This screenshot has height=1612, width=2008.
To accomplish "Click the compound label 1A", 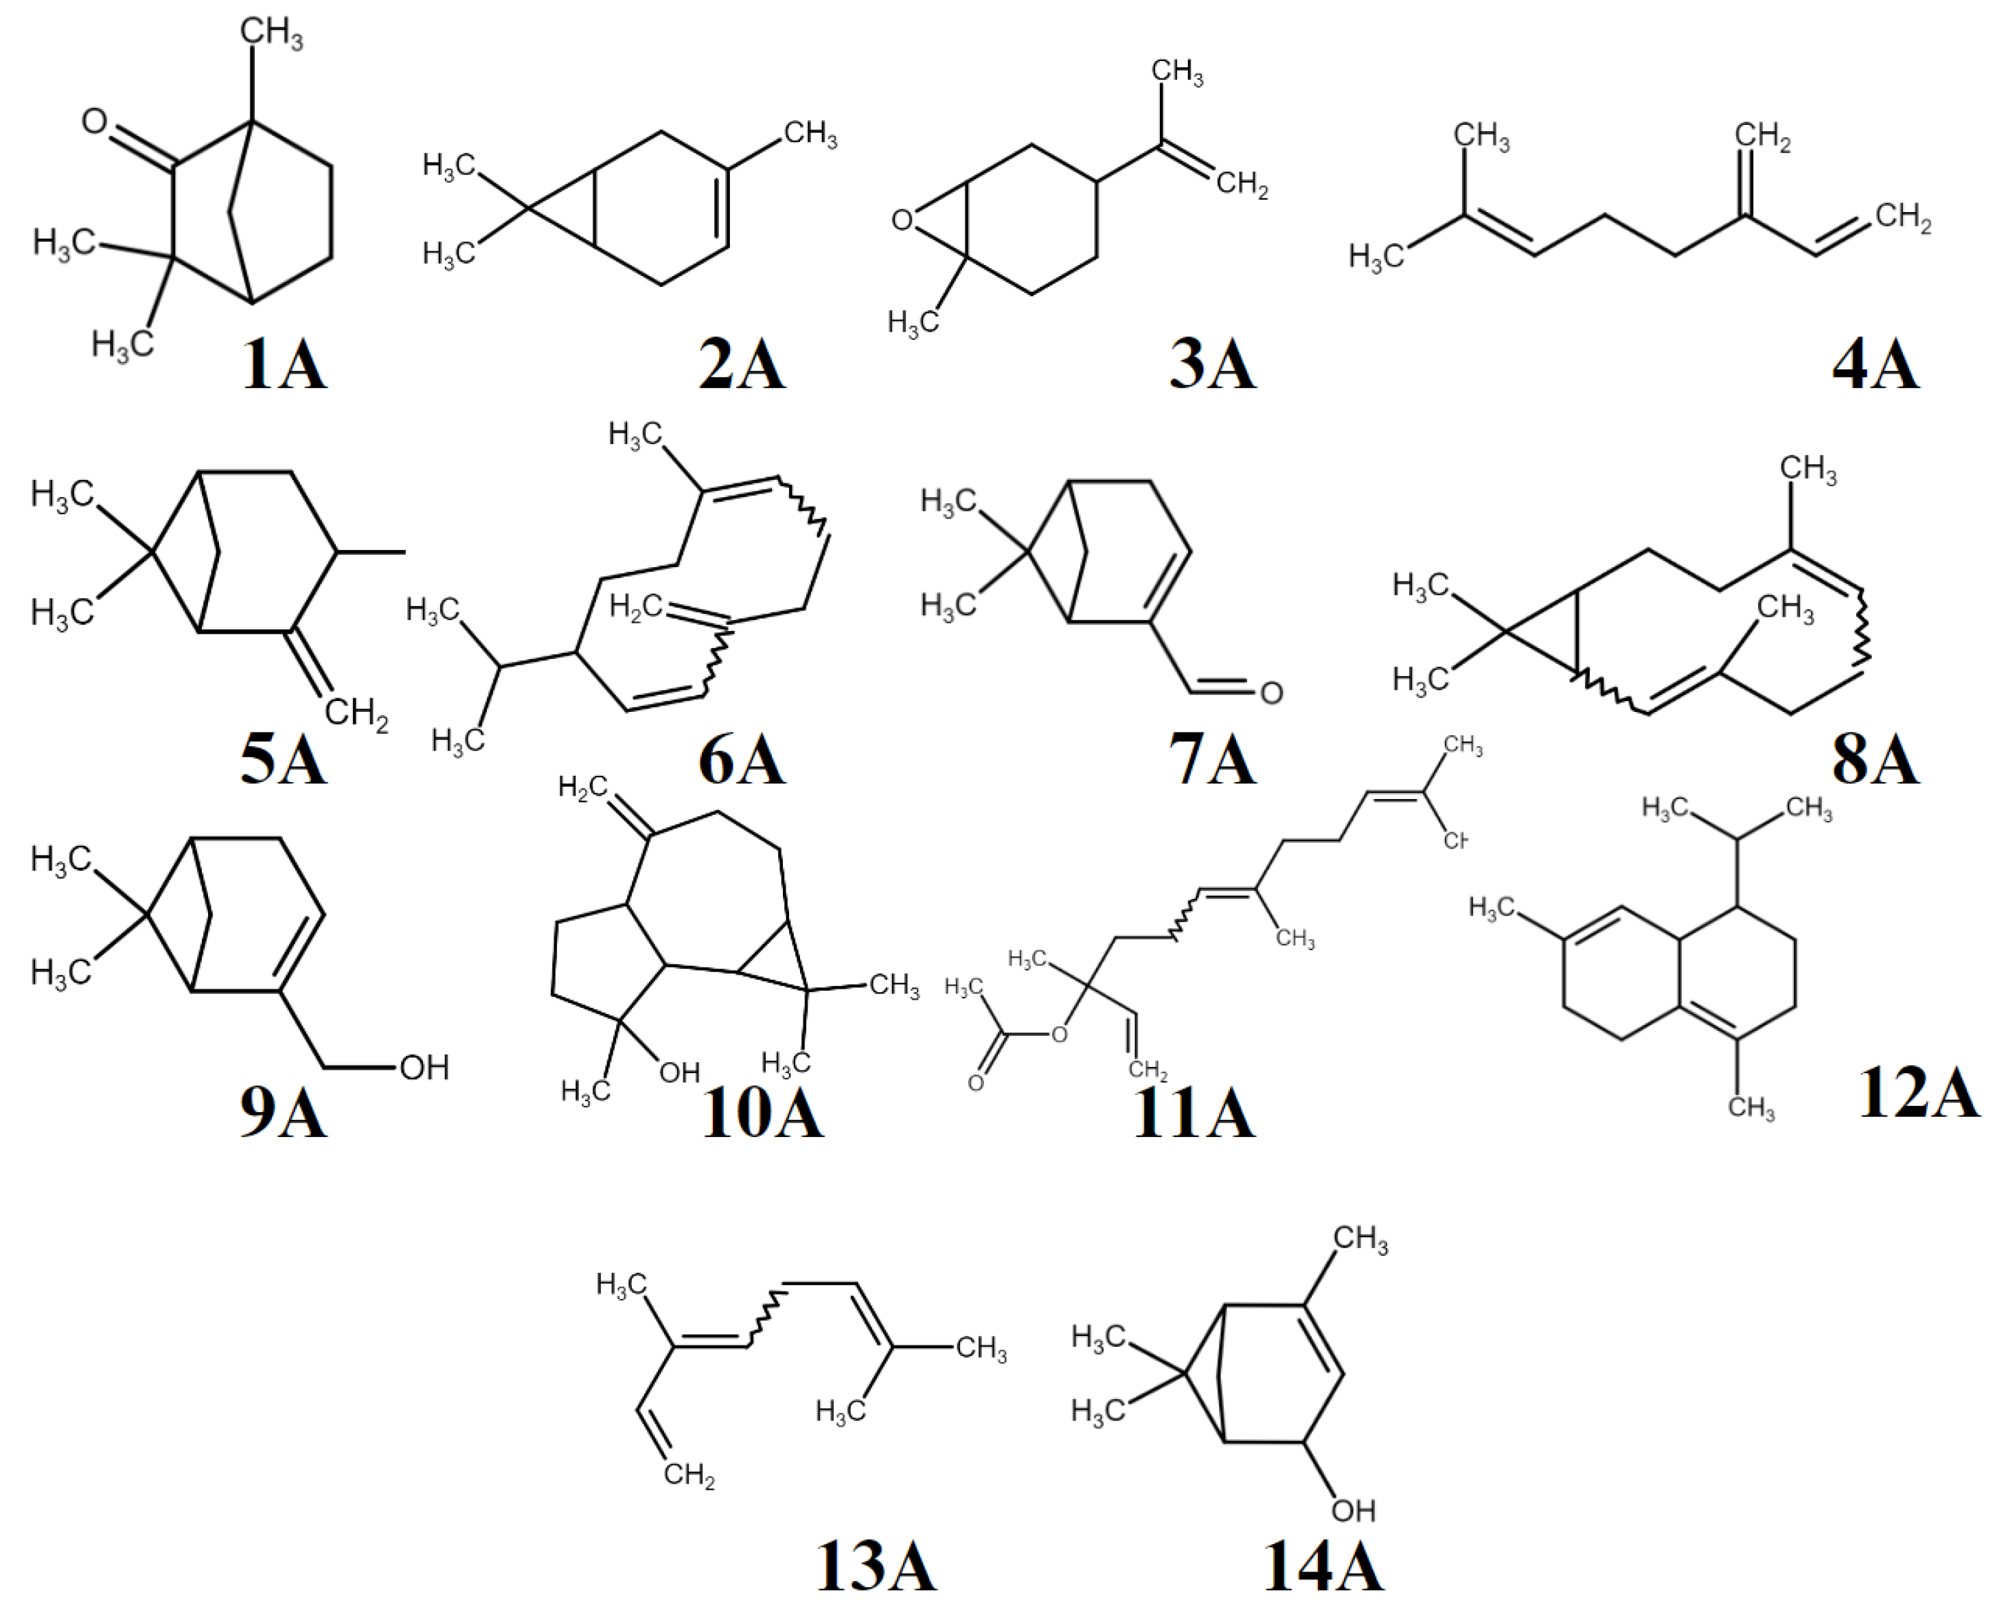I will (284, 366).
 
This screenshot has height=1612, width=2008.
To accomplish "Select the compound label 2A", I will (742, 366).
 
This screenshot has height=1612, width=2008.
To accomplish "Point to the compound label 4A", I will (1875, 366).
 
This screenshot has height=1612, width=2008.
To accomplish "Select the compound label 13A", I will (876, 1567).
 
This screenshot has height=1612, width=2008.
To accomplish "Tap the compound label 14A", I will (1323, 1567).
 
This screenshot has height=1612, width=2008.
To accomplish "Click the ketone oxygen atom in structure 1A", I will (94, 121).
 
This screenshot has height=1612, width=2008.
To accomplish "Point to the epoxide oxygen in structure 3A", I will (900, 220).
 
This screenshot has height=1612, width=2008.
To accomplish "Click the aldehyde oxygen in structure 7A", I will (1271, 692).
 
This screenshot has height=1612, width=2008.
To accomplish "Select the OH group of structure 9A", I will (424, 1067).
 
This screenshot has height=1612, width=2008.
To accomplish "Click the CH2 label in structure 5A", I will (356, 713).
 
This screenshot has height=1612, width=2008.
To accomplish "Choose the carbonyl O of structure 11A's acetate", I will (975, 1083).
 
